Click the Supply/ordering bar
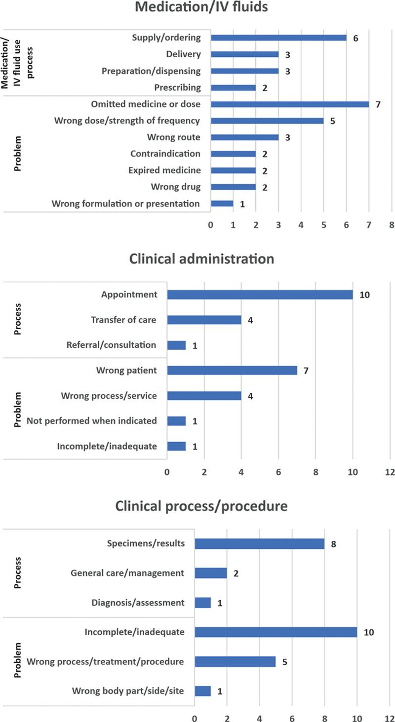(278, 38)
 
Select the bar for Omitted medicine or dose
(289, 104)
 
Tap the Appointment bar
(260, 295)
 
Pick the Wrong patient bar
(232, 370)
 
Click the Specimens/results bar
(259, 544)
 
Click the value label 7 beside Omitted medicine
(378, 104)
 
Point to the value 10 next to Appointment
(365, 295)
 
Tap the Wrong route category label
(174, 137)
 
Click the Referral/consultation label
(111, 345)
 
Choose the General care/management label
(127, 573)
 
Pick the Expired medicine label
(164, 170)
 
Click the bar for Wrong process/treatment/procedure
(235, 661)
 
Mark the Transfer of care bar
(204, 320)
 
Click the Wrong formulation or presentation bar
(222, 204)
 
